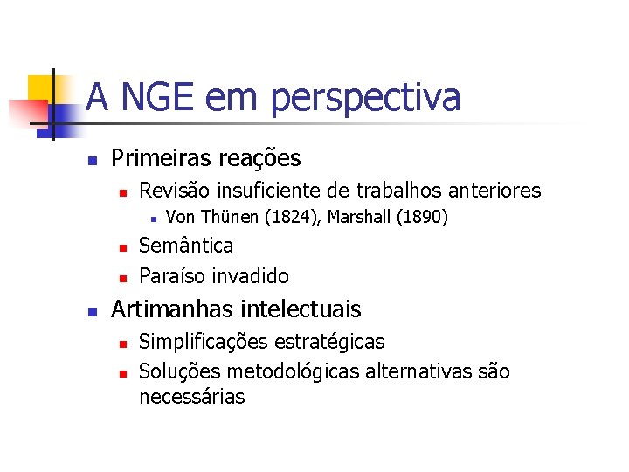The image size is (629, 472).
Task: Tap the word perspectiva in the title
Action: (365, 98)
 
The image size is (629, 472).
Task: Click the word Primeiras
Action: (161, 158)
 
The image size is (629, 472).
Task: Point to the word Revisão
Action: (175, 190)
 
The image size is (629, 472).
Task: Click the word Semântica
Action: (186, 246)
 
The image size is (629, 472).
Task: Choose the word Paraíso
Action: (171, 276)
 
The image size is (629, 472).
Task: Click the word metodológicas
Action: (293, 371)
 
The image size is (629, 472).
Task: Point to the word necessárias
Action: (192, 397)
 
